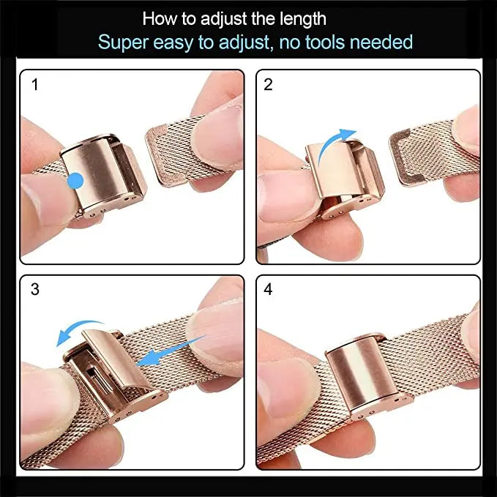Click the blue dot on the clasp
point(75,181)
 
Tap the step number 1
point(35,85)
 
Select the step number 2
point(268,85)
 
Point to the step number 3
point(35,289)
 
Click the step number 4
point(268,289)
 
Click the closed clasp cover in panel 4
point(362,371)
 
